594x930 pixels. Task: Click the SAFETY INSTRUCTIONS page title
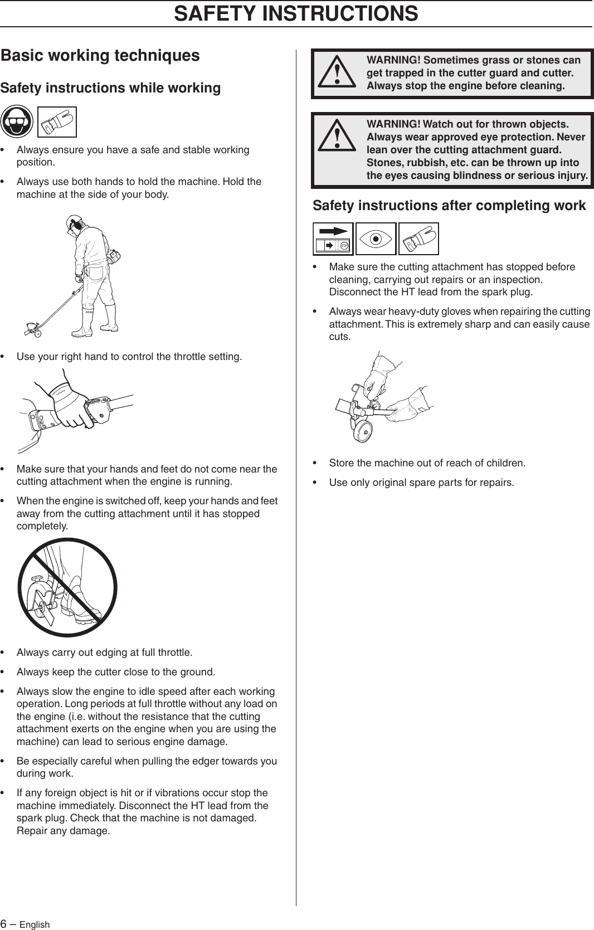[296, 13]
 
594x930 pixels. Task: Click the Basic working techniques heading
[100, 55]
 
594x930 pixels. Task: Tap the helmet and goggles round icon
[17, 121]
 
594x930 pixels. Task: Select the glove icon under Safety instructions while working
[57, 122]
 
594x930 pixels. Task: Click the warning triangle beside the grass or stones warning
[337, 74]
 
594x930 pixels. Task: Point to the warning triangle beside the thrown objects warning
[337, 138]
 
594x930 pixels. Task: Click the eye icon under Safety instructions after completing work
[376, 238]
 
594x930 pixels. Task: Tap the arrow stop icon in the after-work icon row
[333, 238]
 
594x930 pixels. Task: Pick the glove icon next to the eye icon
[418, 238]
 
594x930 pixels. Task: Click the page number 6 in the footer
[4, 924]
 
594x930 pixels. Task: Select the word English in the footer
[35, 924]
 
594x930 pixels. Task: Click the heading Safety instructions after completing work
[449, 206]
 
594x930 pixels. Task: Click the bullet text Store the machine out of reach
[427, 463]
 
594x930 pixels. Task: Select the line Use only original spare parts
[421, 482]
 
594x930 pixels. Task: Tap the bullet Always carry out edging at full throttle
[104, 653]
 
